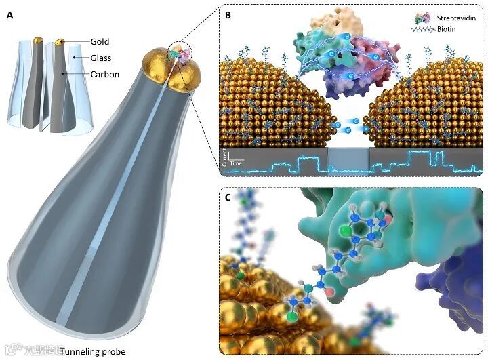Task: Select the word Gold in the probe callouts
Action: point(100,42)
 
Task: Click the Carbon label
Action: point(104,75)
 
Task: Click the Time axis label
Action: point(236,164)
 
